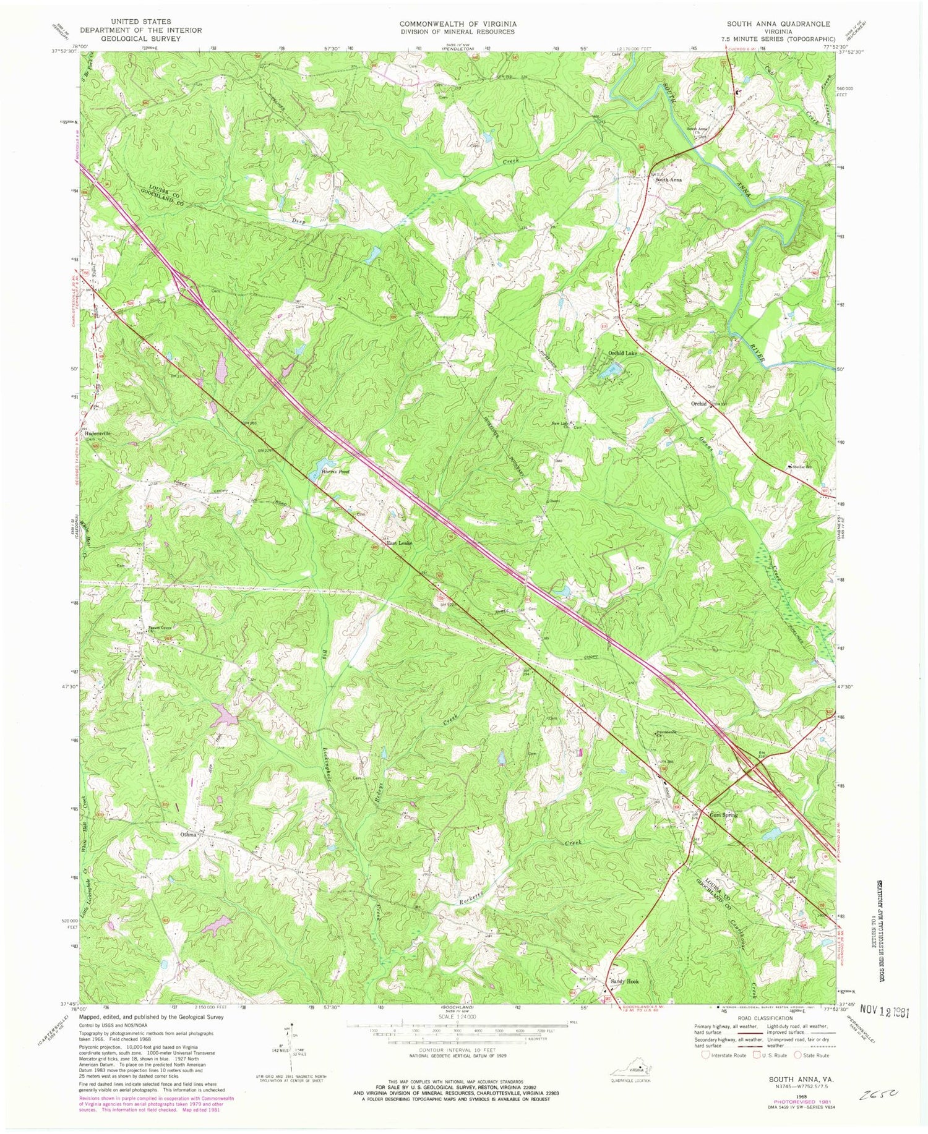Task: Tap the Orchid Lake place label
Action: [x=621, y=354]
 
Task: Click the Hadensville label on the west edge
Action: [x=98, y=433]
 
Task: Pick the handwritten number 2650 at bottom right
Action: [x=877, y=1095]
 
